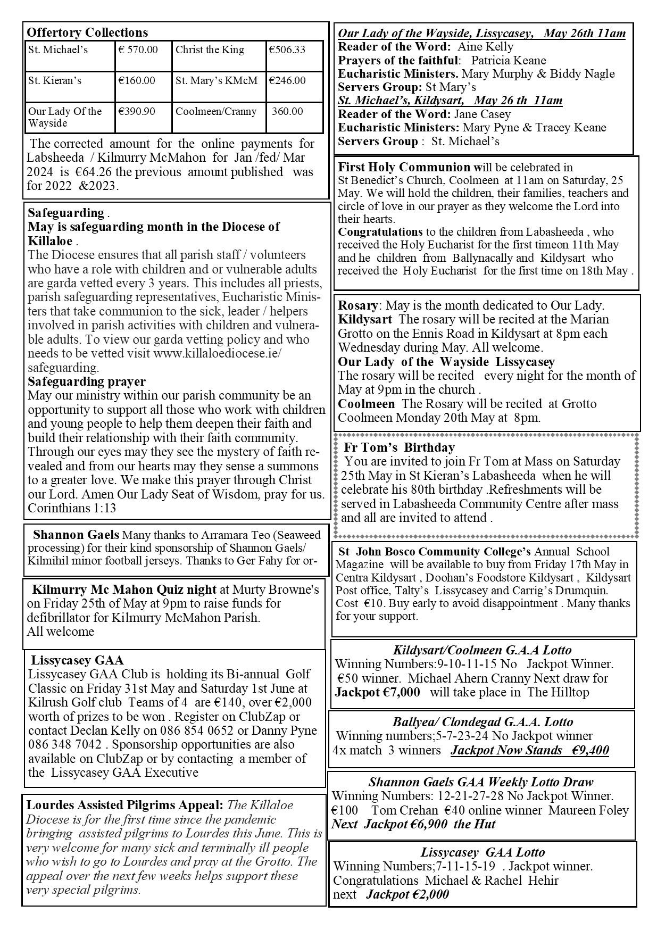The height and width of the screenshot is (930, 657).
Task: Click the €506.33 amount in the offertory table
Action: [287, 50]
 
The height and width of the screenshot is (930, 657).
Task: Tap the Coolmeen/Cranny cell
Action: [216, 112]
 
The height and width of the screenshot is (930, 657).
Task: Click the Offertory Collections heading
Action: [87, 32]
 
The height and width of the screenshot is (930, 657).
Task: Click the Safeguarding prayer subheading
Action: [87, 381]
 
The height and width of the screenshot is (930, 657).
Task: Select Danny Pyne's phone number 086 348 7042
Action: [65, 744]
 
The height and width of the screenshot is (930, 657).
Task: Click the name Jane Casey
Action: [482, 114]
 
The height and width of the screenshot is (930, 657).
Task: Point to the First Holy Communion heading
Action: [404, 168]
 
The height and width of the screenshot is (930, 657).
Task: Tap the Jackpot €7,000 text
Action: [377, 692]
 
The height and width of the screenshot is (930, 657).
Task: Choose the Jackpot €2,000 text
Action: [407, 894]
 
